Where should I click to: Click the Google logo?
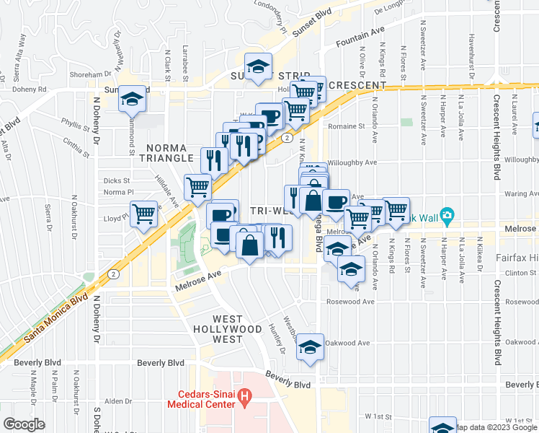point(24,424)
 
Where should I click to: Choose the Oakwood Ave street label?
point(351,343)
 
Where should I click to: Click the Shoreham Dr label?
point(90,73)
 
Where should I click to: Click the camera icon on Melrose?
point(447,214)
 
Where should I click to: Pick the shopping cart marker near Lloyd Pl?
point(144,214)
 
